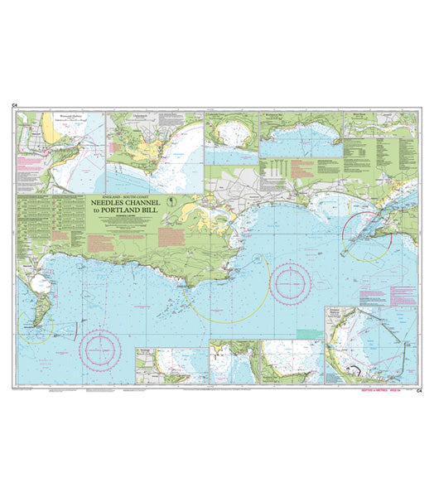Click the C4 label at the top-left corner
15,105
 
